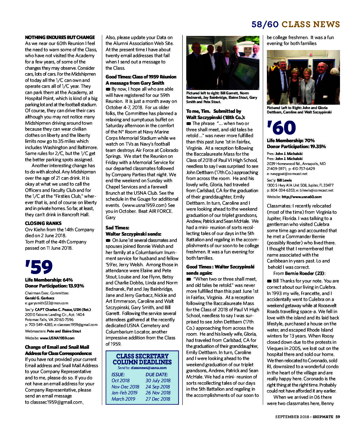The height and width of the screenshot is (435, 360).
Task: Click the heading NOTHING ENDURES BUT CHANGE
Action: [x=60, y=37]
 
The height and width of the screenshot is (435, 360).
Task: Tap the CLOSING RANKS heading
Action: [x=43, y=223]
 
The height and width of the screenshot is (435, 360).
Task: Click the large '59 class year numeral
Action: [x=39, y=267]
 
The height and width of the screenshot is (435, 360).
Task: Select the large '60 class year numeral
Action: [x=281, y=128]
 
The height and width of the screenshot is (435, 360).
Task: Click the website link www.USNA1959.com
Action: [x=57, y=338]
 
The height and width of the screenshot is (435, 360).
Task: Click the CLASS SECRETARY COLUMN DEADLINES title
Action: [x=142, y=359]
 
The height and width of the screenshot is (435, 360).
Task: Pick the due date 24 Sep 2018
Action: [x=158, y=387]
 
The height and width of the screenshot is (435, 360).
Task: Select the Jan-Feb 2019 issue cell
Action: [x=124, y=393]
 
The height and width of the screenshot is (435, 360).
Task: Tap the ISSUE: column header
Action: [x=118, y=374]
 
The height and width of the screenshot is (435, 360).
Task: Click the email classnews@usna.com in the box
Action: [x=148, y=368]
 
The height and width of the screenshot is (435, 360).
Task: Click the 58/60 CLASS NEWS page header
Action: [x=296, y=24]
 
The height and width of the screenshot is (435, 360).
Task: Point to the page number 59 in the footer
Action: [x=337, y=417]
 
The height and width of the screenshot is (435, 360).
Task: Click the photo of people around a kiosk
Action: [x=222, y=63]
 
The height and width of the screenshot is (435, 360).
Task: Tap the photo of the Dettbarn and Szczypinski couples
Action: [x=303, y=77]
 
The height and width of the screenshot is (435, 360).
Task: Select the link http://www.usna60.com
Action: [x=302, y=197]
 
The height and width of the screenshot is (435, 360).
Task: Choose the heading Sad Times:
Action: [x=117, y=228]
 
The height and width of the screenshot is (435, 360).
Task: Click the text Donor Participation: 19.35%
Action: [x=296, y=147]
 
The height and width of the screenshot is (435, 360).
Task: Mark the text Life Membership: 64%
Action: [x=49, y=280]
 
